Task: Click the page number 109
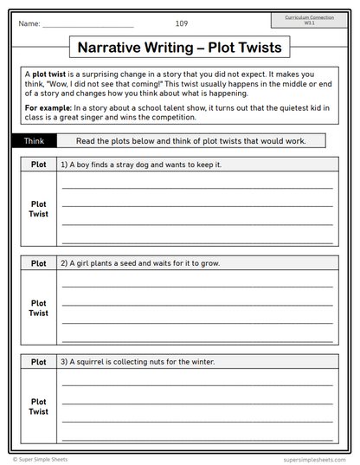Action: (181, 23)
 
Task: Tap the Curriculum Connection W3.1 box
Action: (309, 21)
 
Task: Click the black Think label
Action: (34, 140)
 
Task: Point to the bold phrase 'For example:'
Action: (48, 107)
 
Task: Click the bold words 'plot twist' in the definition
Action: (52, 74)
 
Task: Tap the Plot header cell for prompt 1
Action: (39, 165)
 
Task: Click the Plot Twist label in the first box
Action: (39, 209)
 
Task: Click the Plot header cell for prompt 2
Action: (39, 263)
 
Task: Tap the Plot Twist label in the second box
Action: (39, 308)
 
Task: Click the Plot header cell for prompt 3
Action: (39, 362)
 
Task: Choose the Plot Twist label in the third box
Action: (39, 406)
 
